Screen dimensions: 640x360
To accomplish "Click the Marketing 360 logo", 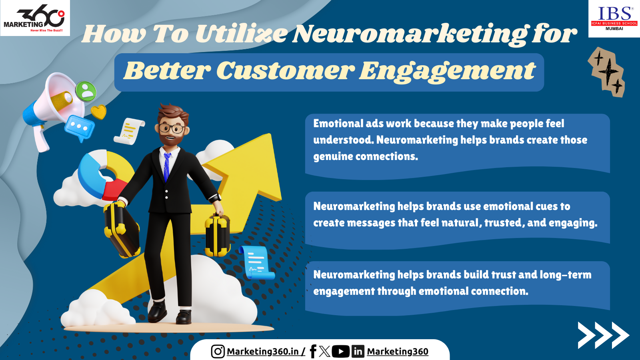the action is tap(35, 18).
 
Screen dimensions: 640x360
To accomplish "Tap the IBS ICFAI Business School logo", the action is tap(614, 18).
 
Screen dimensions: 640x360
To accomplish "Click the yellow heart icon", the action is tap(98, 112).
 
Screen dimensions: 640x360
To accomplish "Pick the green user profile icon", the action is tap(86, 91).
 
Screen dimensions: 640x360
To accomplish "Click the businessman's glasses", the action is tap(172, 128).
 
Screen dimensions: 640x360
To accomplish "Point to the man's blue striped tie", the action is tap(167, 166).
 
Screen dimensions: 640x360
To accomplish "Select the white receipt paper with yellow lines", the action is tap(130, 132).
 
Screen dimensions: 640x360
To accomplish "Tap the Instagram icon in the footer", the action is tap(218, 351).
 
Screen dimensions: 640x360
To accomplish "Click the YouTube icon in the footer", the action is tap(340, 352).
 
